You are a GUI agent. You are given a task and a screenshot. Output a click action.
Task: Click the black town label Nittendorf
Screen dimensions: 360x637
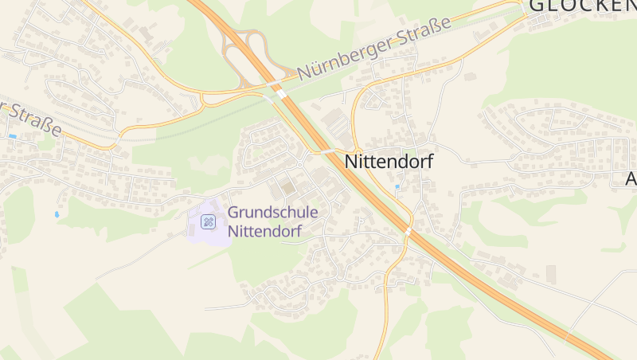(389, 161)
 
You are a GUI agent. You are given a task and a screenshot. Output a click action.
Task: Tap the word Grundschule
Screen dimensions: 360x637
(273, 213)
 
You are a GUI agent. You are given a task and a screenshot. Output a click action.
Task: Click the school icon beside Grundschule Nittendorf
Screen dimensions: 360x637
(209, 221)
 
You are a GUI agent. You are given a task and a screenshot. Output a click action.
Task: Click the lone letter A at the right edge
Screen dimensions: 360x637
(631, 180)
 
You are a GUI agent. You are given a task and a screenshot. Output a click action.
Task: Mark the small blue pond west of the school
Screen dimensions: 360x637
(57, 214)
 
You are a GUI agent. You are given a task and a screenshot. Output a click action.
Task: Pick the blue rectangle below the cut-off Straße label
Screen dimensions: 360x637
(13, 136)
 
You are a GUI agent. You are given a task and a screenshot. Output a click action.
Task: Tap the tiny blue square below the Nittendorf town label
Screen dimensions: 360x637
(397, 187)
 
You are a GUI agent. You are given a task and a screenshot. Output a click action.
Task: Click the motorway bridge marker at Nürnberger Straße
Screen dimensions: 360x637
(280, 92)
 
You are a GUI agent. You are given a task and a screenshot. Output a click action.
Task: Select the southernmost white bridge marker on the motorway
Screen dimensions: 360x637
(408, 231)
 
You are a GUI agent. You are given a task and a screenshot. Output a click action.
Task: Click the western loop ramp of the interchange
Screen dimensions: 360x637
(233, 53)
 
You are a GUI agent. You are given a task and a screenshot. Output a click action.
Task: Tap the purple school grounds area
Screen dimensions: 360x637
(209, 225)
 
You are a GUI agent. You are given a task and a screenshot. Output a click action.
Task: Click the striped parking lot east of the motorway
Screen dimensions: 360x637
(338, 124)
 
